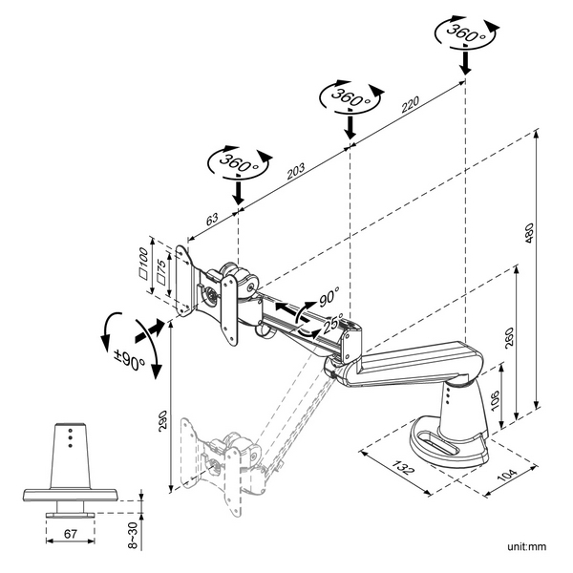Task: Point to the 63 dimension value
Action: point(211,219)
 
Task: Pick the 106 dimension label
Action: point(493,400)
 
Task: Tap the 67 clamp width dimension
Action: point(71,533)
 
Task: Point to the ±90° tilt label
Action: point(128,363)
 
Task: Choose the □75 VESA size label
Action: point(161,271)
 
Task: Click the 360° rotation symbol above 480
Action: point(463,34)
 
